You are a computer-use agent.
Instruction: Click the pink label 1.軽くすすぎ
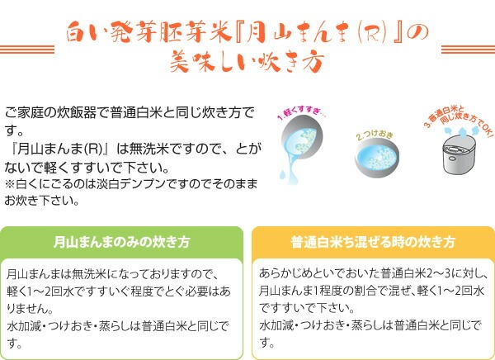[x=301, y=112]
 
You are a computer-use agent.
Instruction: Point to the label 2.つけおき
[x=375, y=135]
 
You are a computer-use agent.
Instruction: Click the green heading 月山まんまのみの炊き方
[x=121, y=242]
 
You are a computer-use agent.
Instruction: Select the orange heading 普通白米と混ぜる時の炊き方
[x=373, y=242]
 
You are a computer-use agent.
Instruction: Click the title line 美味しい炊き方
[x=247, y=61]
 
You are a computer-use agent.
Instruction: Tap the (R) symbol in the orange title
[x=373, y=34]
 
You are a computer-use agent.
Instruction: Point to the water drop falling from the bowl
[x=282, y=174]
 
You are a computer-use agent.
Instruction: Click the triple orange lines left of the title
[x=27, y=50]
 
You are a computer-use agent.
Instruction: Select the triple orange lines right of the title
[x=468, y=50]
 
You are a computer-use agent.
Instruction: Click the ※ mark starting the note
[x=10, y=184]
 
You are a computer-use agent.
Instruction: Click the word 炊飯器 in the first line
[x=77, y=113]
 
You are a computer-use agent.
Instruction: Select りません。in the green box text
[x=30, y=308]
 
